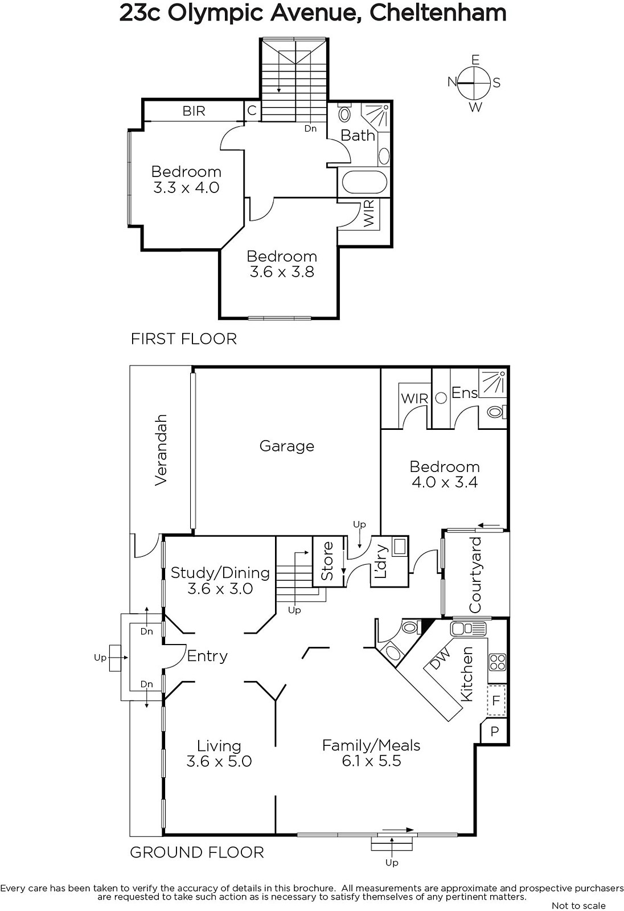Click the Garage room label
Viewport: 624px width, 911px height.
[x=287, y=446]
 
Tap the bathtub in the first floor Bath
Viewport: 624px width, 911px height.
[x=364, y=182]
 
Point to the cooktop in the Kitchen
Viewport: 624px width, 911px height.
[x=497, y=662]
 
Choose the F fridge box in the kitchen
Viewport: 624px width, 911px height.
[x=496, y=700]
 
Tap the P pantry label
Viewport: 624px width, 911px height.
[x=495, y=731]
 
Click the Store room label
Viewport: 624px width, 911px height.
[x=327, y=561]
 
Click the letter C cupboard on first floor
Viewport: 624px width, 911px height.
[x=252, y=110]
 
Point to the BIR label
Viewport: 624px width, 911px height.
[x=194, y=111]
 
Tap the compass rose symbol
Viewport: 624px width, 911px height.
[x=474, y=83]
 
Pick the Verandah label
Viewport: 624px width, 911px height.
[x=161, y=450]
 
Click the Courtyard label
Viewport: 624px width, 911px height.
[x=475, y=575]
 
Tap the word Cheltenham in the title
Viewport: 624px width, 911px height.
[x=438, y=14]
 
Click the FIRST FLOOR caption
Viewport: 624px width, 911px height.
[x=183, y=339]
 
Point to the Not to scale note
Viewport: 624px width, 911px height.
[x=578, y=905]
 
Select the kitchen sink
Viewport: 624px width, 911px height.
[x=468, y=629]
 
